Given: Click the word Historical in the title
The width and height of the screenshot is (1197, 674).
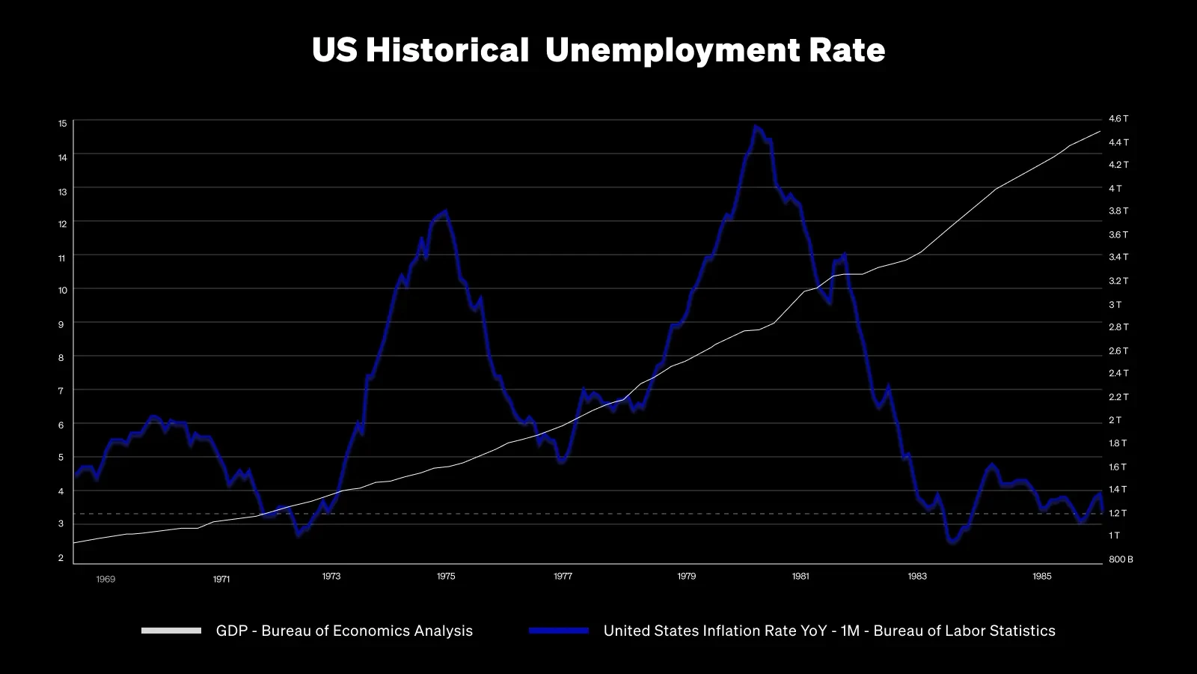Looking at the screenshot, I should pyautogui.click(x=447, y=51).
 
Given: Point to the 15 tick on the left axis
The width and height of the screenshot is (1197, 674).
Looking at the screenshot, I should pyautogui.click(x=62, y=123).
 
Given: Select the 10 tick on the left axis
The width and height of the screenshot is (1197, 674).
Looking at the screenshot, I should pyautogui.click(x=62, y=291).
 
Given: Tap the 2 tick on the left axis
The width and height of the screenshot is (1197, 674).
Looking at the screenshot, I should pyautogui.click(x=61, y=558).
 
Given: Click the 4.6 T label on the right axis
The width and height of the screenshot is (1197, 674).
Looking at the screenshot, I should pyautogui.click(x=1118, y=119).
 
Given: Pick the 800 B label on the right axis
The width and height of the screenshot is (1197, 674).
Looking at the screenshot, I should pyautogui.click(x=1121, y=559).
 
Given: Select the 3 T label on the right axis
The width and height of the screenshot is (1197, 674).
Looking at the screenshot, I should pyautogui.click(x=1115, y=305).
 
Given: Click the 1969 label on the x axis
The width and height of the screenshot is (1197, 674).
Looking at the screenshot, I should pyautogui.click(x=105, y=579).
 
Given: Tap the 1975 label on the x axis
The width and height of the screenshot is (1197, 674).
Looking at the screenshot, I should pyautogui.click(x=445, y=577).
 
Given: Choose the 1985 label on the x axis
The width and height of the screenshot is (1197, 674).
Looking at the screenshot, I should pyautogui.click(x=1041, y=577).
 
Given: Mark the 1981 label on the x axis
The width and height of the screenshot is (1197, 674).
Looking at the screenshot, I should pyautogui.click(x=800, y=577).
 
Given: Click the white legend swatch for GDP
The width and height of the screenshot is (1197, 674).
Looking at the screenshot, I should pyautogui.click(x=171, y=631).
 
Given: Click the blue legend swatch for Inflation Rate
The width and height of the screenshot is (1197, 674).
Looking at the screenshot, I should pyautogui.click(x=559, y=631).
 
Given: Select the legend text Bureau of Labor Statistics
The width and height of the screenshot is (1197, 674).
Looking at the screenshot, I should pyautogui.click(x=964, y=631).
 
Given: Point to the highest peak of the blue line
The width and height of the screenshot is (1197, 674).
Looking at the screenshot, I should pyautogui.click(x=756, y=127).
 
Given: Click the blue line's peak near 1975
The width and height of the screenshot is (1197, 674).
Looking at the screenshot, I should pyautogui.click(x=446, y=211).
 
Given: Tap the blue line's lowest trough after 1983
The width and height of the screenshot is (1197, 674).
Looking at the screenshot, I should pyautogui.click(x=952, y=542).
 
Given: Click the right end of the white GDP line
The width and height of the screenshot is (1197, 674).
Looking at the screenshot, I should pyautogui.click(x=1100, y=132).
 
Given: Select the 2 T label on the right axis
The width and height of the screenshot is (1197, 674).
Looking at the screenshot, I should pyautogui.click(x=1115, y=420).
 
